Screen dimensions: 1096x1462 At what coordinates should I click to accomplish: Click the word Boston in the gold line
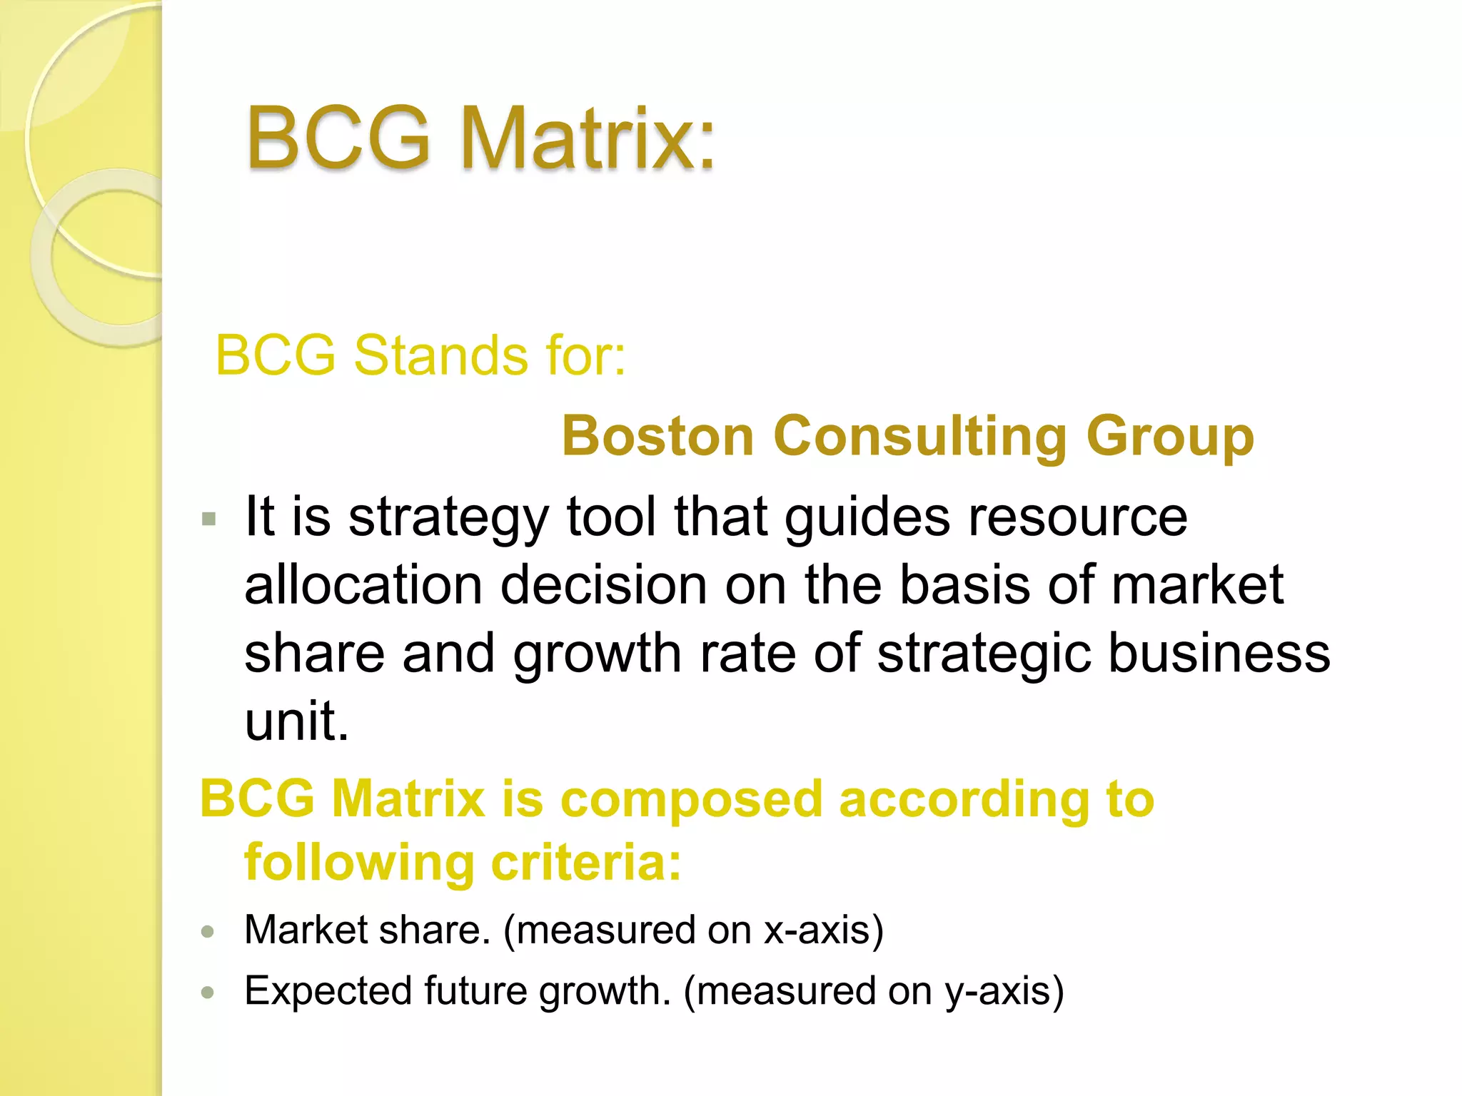657,435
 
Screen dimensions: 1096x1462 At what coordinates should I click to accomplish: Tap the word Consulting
919,437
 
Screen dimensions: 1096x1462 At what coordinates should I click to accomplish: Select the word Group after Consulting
1170,437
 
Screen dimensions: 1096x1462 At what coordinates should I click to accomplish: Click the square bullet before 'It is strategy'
208,519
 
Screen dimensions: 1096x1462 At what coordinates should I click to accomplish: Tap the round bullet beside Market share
208,931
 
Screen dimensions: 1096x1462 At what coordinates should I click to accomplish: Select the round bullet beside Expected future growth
208,992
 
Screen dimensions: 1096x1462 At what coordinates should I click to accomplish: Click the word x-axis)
824,930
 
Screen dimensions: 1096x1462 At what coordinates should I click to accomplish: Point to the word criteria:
586,862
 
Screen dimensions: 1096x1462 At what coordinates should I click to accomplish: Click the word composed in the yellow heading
691,799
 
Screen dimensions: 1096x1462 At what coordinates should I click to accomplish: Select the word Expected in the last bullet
328,990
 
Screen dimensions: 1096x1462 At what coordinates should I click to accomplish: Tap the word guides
867,517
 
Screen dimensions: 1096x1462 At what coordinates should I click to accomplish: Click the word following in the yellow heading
359,862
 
